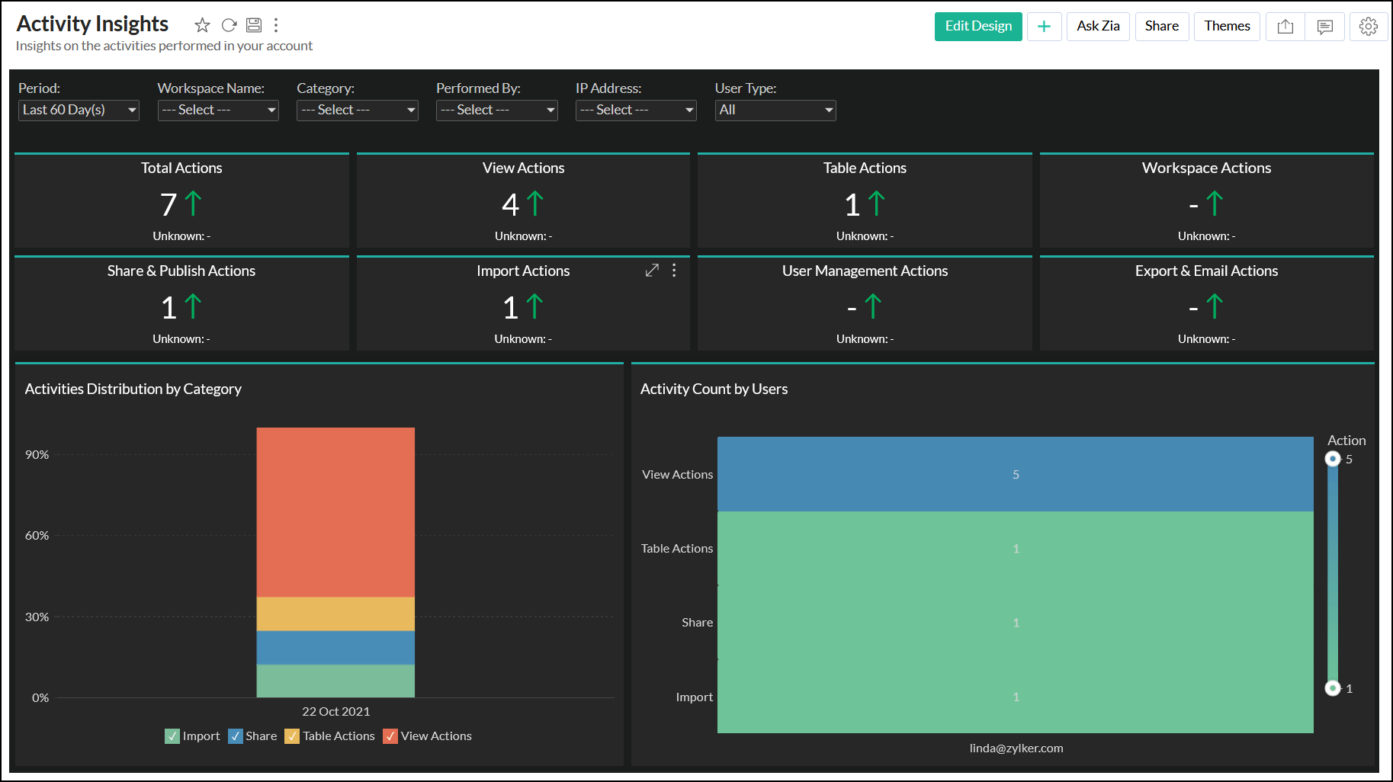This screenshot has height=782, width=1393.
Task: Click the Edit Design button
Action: pos(977,27)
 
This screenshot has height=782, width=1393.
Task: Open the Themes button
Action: pos(1226,27)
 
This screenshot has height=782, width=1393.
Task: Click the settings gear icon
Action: pos(1368,27)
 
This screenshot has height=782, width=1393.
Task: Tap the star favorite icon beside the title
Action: pos(202,25)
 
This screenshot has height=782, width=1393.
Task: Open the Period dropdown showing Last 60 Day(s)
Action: pos(79,110)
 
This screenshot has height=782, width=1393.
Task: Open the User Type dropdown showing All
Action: pos(775,110)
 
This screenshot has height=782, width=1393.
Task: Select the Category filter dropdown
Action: pos(357,110)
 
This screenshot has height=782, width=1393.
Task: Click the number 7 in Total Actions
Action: pos(169,204)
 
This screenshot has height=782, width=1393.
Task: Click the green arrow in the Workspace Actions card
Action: pos(1214,204)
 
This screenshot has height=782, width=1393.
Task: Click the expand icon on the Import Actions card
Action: pos(652,271)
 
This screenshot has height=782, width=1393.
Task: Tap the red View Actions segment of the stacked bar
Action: pos(335,511)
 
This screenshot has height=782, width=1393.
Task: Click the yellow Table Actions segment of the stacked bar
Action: pos(335,614)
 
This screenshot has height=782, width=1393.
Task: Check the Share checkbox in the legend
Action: pos(236,736)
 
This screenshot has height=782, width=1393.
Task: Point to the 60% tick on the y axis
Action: pos(37,536)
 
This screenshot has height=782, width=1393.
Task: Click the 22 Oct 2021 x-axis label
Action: pos(335,711)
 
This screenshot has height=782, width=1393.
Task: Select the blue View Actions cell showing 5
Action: pos(1015,474)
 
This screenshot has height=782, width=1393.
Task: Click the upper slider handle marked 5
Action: pos(1332,459)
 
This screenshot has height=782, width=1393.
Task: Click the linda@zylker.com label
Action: pos(1016,748)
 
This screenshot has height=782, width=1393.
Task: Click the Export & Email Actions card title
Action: pos(1206,271)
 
